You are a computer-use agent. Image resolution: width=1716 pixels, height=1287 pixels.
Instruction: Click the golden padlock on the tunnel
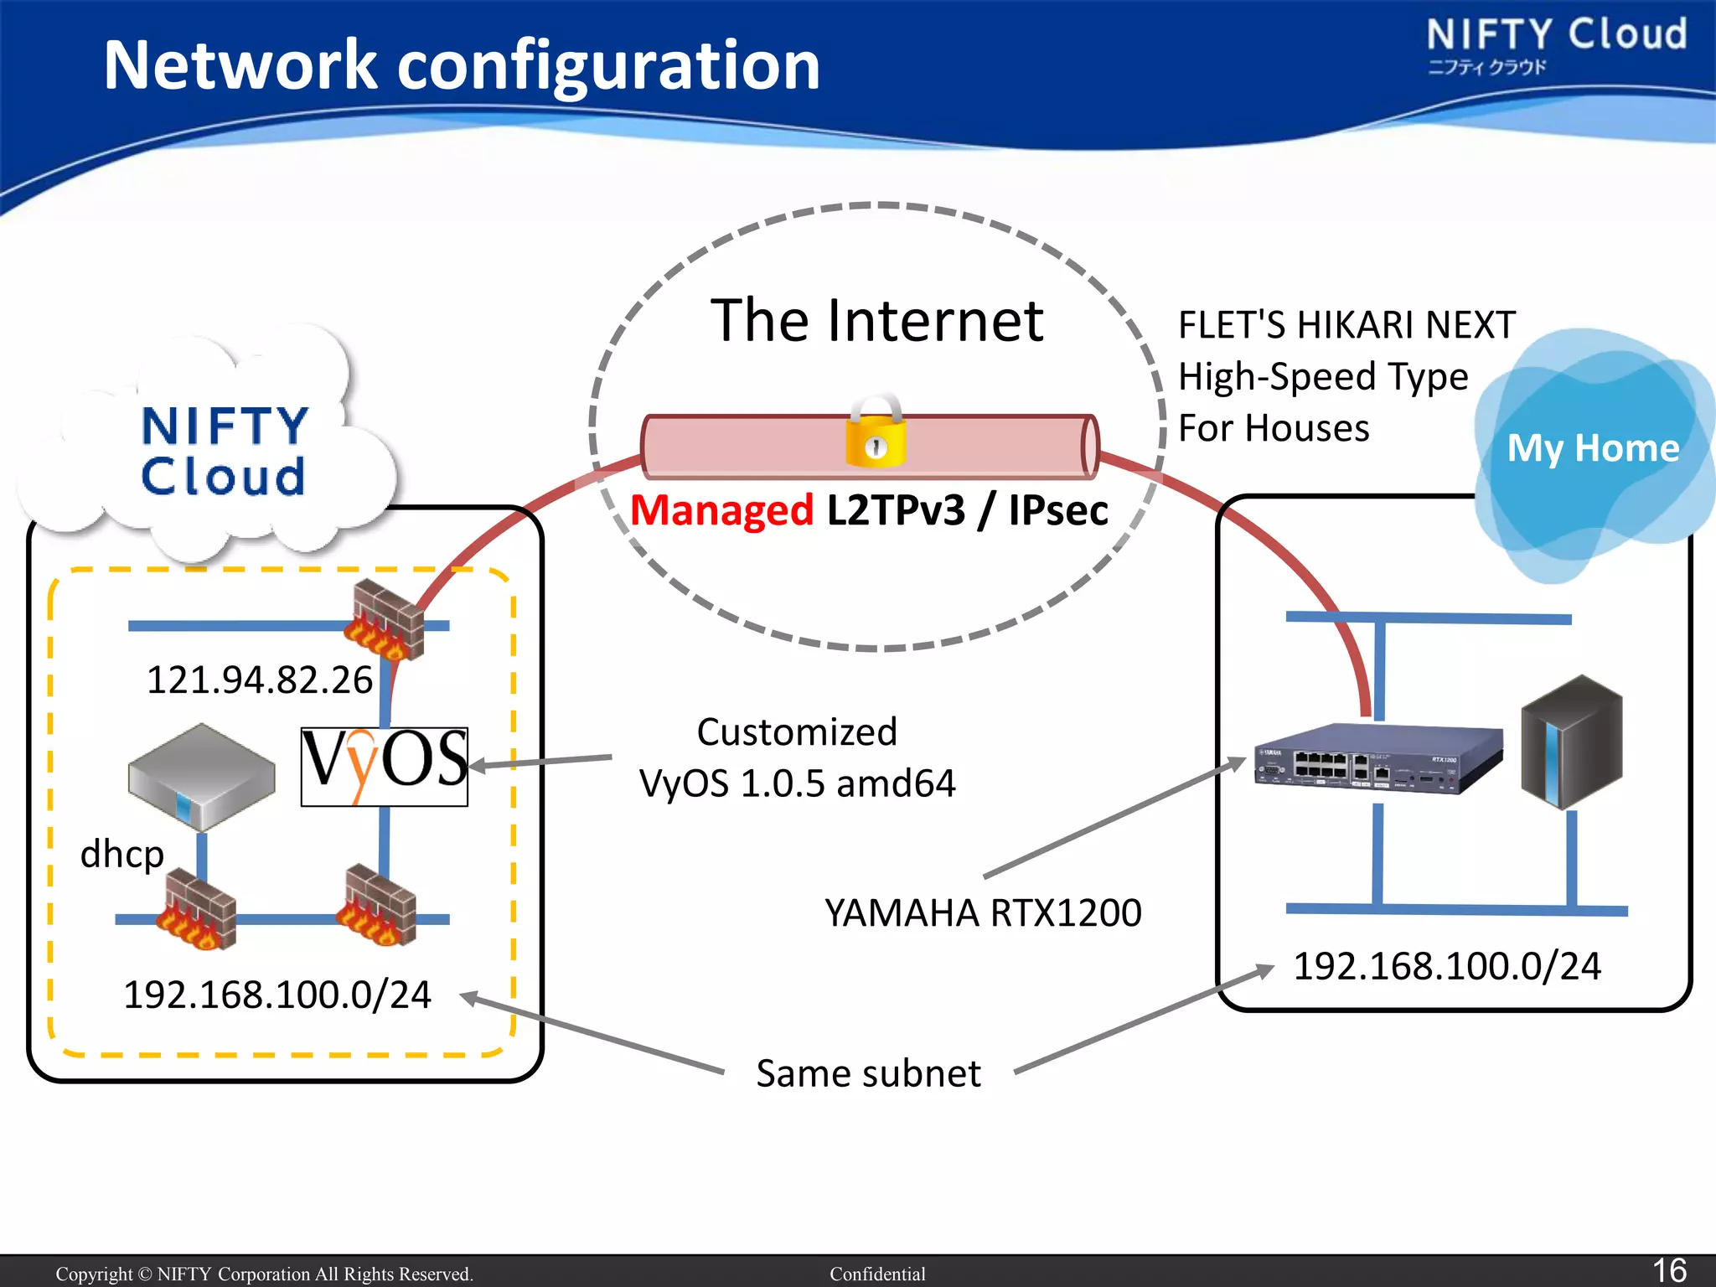coord(875,433)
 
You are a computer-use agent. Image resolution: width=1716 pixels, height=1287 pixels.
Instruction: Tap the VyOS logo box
coord(385,766)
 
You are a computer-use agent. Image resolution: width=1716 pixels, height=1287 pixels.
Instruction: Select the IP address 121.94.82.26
coord(259,680)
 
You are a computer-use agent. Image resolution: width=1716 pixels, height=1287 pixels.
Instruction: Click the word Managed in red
coord(721,510)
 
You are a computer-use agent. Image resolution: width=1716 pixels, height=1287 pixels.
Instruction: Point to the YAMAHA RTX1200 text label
coord(983,912)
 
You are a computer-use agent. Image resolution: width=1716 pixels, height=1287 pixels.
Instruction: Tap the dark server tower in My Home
coord(1572,742)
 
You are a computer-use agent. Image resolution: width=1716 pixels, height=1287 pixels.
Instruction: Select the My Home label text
coord(1593,448)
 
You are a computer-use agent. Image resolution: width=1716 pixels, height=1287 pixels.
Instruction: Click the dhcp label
coord(122,855)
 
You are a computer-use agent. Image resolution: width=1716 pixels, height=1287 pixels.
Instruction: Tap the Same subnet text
coord(868,1073)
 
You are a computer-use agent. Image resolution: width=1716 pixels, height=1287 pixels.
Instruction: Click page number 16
coord(1668,1270)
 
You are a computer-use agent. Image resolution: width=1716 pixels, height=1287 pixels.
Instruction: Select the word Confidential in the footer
coord(877,1274)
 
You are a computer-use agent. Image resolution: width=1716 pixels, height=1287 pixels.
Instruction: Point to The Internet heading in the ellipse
coord(876,321)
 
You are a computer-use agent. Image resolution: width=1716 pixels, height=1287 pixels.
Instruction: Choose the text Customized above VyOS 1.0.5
coord(797,732)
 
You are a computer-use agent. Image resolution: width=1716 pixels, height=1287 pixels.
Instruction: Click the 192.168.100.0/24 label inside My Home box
coord(1447,966)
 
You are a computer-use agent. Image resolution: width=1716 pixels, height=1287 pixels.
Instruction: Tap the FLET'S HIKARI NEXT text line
coord(1346,325)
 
